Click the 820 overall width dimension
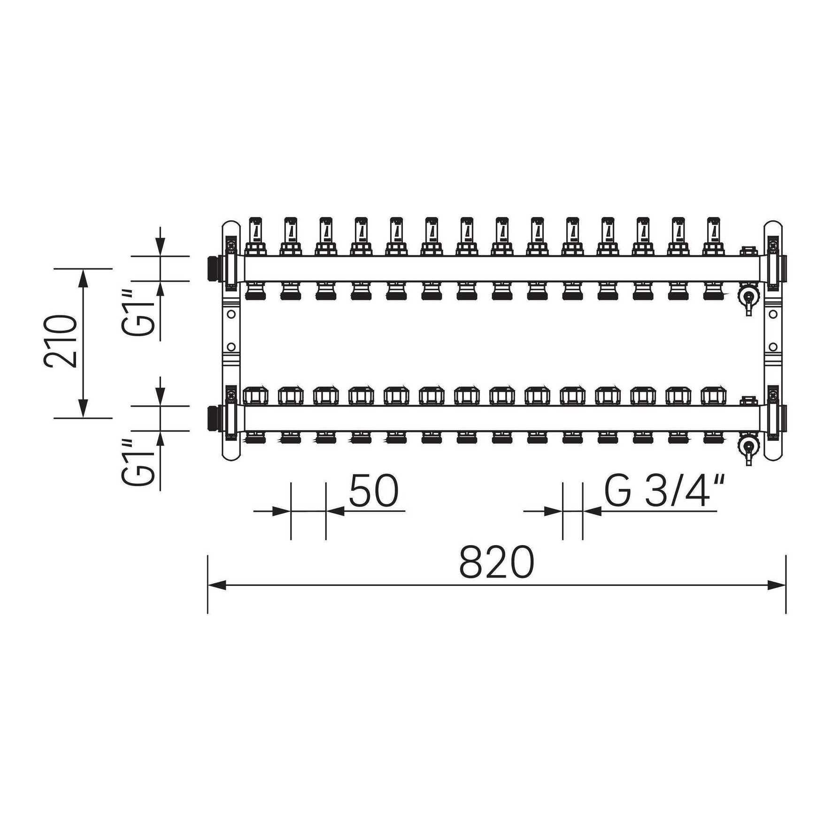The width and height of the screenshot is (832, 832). [496, 562]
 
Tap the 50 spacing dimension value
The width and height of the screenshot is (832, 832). [374, 491]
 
